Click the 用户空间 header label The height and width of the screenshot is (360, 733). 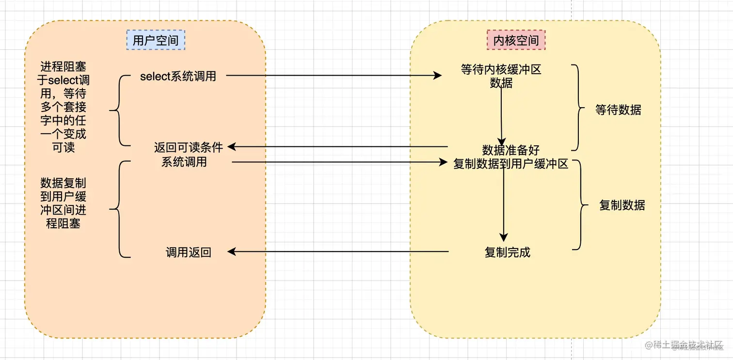coord(155,40)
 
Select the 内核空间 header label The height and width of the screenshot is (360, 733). coord(516,40)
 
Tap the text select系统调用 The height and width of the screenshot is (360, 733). coord(178,76)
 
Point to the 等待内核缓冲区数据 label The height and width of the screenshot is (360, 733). coord(501,76)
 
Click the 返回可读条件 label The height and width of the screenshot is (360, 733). coord(188,147)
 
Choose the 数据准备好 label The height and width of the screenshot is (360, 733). coord(510,150)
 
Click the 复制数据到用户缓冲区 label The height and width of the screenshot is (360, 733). coord(510,164)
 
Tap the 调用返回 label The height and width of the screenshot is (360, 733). coord(188,252)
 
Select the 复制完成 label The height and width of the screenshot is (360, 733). coord(507,252)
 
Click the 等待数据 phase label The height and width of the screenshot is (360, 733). coord(618,110)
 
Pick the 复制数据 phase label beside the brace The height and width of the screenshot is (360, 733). coord(622,205)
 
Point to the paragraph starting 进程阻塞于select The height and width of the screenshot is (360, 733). coord(64,106)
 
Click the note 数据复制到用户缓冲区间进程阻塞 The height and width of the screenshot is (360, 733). coord(64,203)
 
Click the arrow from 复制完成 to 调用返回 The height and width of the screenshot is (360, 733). coord(338,251)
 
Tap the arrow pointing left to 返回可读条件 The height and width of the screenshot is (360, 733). coord(338,146)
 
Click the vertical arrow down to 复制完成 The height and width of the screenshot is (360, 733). coord(504,203)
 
